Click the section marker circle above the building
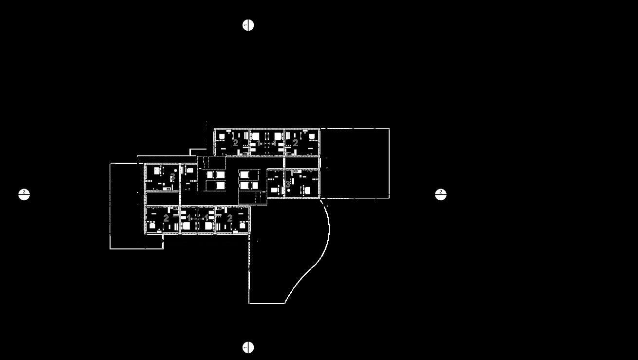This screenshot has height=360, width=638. pos(248,25)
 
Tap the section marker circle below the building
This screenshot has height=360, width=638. pos(248,347)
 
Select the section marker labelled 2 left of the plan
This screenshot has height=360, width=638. pos(24,194)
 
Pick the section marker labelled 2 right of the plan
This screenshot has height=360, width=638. pos(441,194)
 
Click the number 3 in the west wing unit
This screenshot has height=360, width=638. pos(172,177)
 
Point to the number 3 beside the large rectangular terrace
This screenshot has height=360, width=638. pos(288,184)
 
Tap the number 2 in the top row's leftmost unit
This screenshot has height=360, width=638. pos(236,143)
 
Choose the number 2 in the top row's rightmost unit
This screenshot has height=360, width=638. pos(295,143)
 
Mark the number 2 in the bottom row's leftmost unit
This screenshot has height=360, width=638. pos(166,218)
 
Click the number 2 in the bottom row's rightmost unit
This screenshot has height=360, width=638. pos(230,218)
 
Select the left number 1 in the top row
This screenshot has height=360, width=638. pos(258,143)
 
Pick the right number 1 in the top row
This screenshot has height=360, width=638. pos(275,143)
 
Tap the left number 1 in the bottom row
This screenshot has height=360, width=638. pos(189,218)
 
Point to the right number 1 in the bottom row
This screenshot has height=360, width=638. pos(206,218)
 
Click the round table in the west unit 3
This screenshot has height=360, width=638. pos(175,170)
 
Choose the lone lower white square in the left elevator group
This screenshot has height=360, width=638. pos(220,186)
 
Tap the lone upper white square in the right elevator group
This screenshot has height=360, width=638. pos(244,174)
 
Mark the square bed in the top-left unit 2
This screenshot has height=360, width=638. pos(222,136)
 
